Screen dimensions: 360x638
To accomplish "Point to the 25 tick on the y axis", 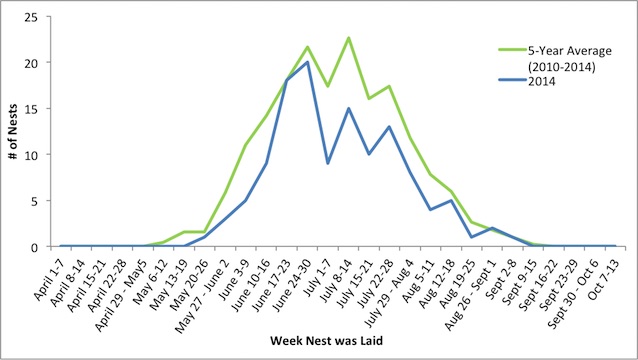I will click(39, 17).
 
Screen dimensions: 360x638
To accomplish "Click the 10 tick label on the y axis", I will click(39, 155).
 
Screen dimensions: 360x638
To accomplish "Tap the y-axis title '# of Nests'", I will click(13, 132).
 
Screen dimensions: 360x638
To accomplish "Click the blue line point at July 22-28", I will click(389, 127).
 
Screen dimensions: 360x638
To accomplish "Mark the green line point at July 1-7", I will click(328, 87).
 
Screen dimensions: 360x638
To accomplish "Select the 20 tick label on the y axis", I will click(39, 63).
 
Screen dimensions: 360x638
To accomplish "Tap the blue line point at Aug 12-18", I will click(450, 201).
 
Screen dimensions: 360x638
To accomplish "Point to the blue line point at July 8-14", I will click(348, 109).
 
